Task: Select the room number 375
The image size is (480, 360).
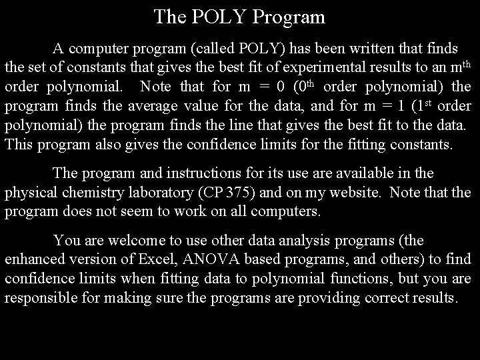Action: click(x=241, y=193)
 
